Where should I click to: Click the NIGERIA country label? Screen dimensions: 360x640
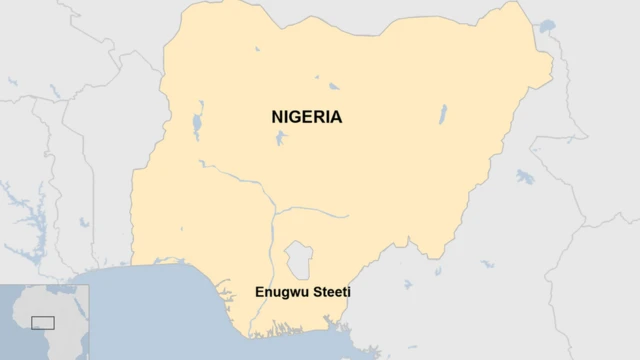pos(306,117)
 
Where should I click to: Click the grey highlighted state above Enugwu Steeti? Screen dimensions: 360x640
pos(297,259)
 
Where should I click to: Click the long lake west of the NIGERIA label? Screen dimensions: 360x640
pos(197,118)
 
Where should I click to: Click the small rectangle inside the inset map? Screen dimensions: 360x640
pos(42,322)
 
